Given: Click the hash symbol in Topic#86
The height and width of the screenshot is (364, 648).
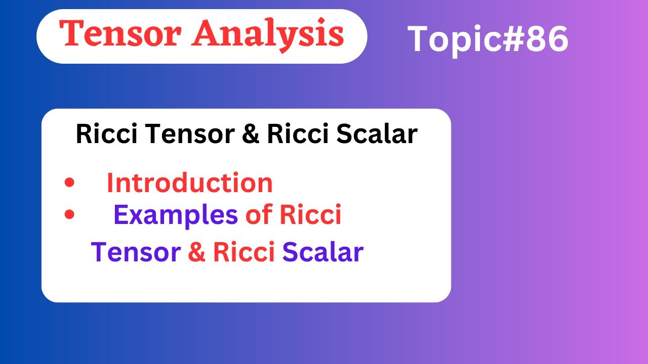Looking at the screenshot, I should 508,39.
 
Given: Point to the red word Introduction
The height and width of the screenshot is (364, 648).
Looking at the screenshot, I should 189,183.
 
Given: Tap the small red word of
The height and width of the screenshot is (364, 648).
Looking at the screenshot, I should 259,215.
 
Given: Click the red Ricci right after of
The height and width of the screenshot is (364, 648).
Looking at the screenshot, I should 310,215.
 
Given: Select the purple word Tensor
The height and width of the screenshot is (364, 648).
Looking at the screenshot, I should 136,252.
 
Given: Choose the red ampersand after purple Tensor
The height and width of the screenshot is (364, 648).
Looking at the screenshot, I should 197,252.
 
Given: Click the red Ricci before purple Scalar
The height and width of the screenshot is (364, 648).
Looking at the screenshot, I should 244,252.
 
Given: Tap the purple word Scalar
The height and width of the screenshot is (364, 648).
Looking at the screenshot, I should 322,252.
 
